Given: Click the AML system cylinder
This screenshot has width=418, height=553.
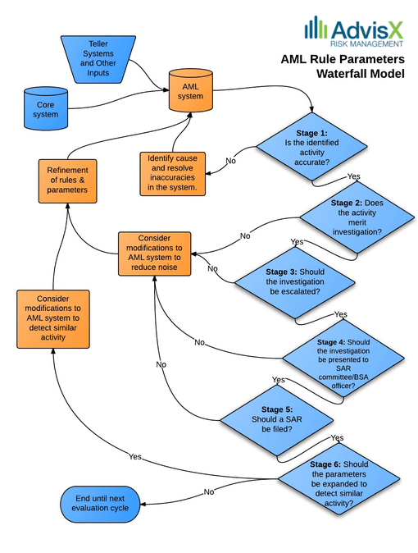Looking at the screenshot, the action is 190,90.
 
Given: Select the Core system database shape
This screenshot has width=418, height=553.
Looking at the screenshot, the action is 45,108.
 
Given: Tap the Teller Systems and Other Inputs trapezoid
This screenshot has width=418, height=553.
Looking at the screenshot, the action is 98,59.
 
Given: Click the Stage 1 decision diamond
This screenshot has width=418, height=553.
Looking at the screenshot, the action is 312,146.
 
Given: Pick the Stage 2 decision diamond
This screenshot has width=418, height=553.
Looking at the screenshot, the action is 357,217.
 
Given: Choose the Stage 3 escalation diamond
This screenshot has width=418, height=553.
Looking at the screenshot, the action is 295,282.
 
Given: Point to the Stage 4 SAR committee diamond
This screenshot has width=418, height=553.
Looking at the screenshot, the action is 343,359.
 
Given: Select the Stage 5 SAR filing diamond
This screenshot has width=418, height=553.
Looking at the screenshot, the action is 277,420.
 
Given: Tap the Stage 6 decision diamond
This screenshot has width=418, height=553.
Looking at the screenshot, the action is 339,478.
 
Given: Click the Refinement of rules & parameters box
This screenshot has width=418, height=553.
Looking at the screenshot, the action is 68,181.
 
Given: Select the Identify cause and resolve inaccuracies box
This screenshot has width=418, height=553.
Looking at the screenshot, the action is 173,173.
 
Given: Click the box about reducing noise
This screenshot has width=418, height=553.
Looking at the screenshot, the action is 154,254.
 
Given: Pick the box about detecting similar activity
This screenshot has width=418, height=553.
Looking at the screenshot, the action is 53,319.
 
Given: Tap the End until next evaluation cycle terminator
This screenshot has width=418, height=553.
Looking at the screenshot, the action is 100,504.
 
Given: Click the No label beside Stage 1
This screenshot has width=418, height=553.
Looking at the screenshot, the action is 231,161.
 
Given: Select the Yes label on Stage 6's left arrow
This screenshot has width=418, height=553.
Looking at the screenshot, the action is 135,457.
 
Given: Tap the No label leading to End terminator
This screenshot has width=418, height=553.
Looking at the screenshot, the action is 209,491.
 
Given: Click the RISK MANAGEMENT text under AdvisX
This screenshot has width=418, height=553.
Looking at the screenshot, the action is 366,43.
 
